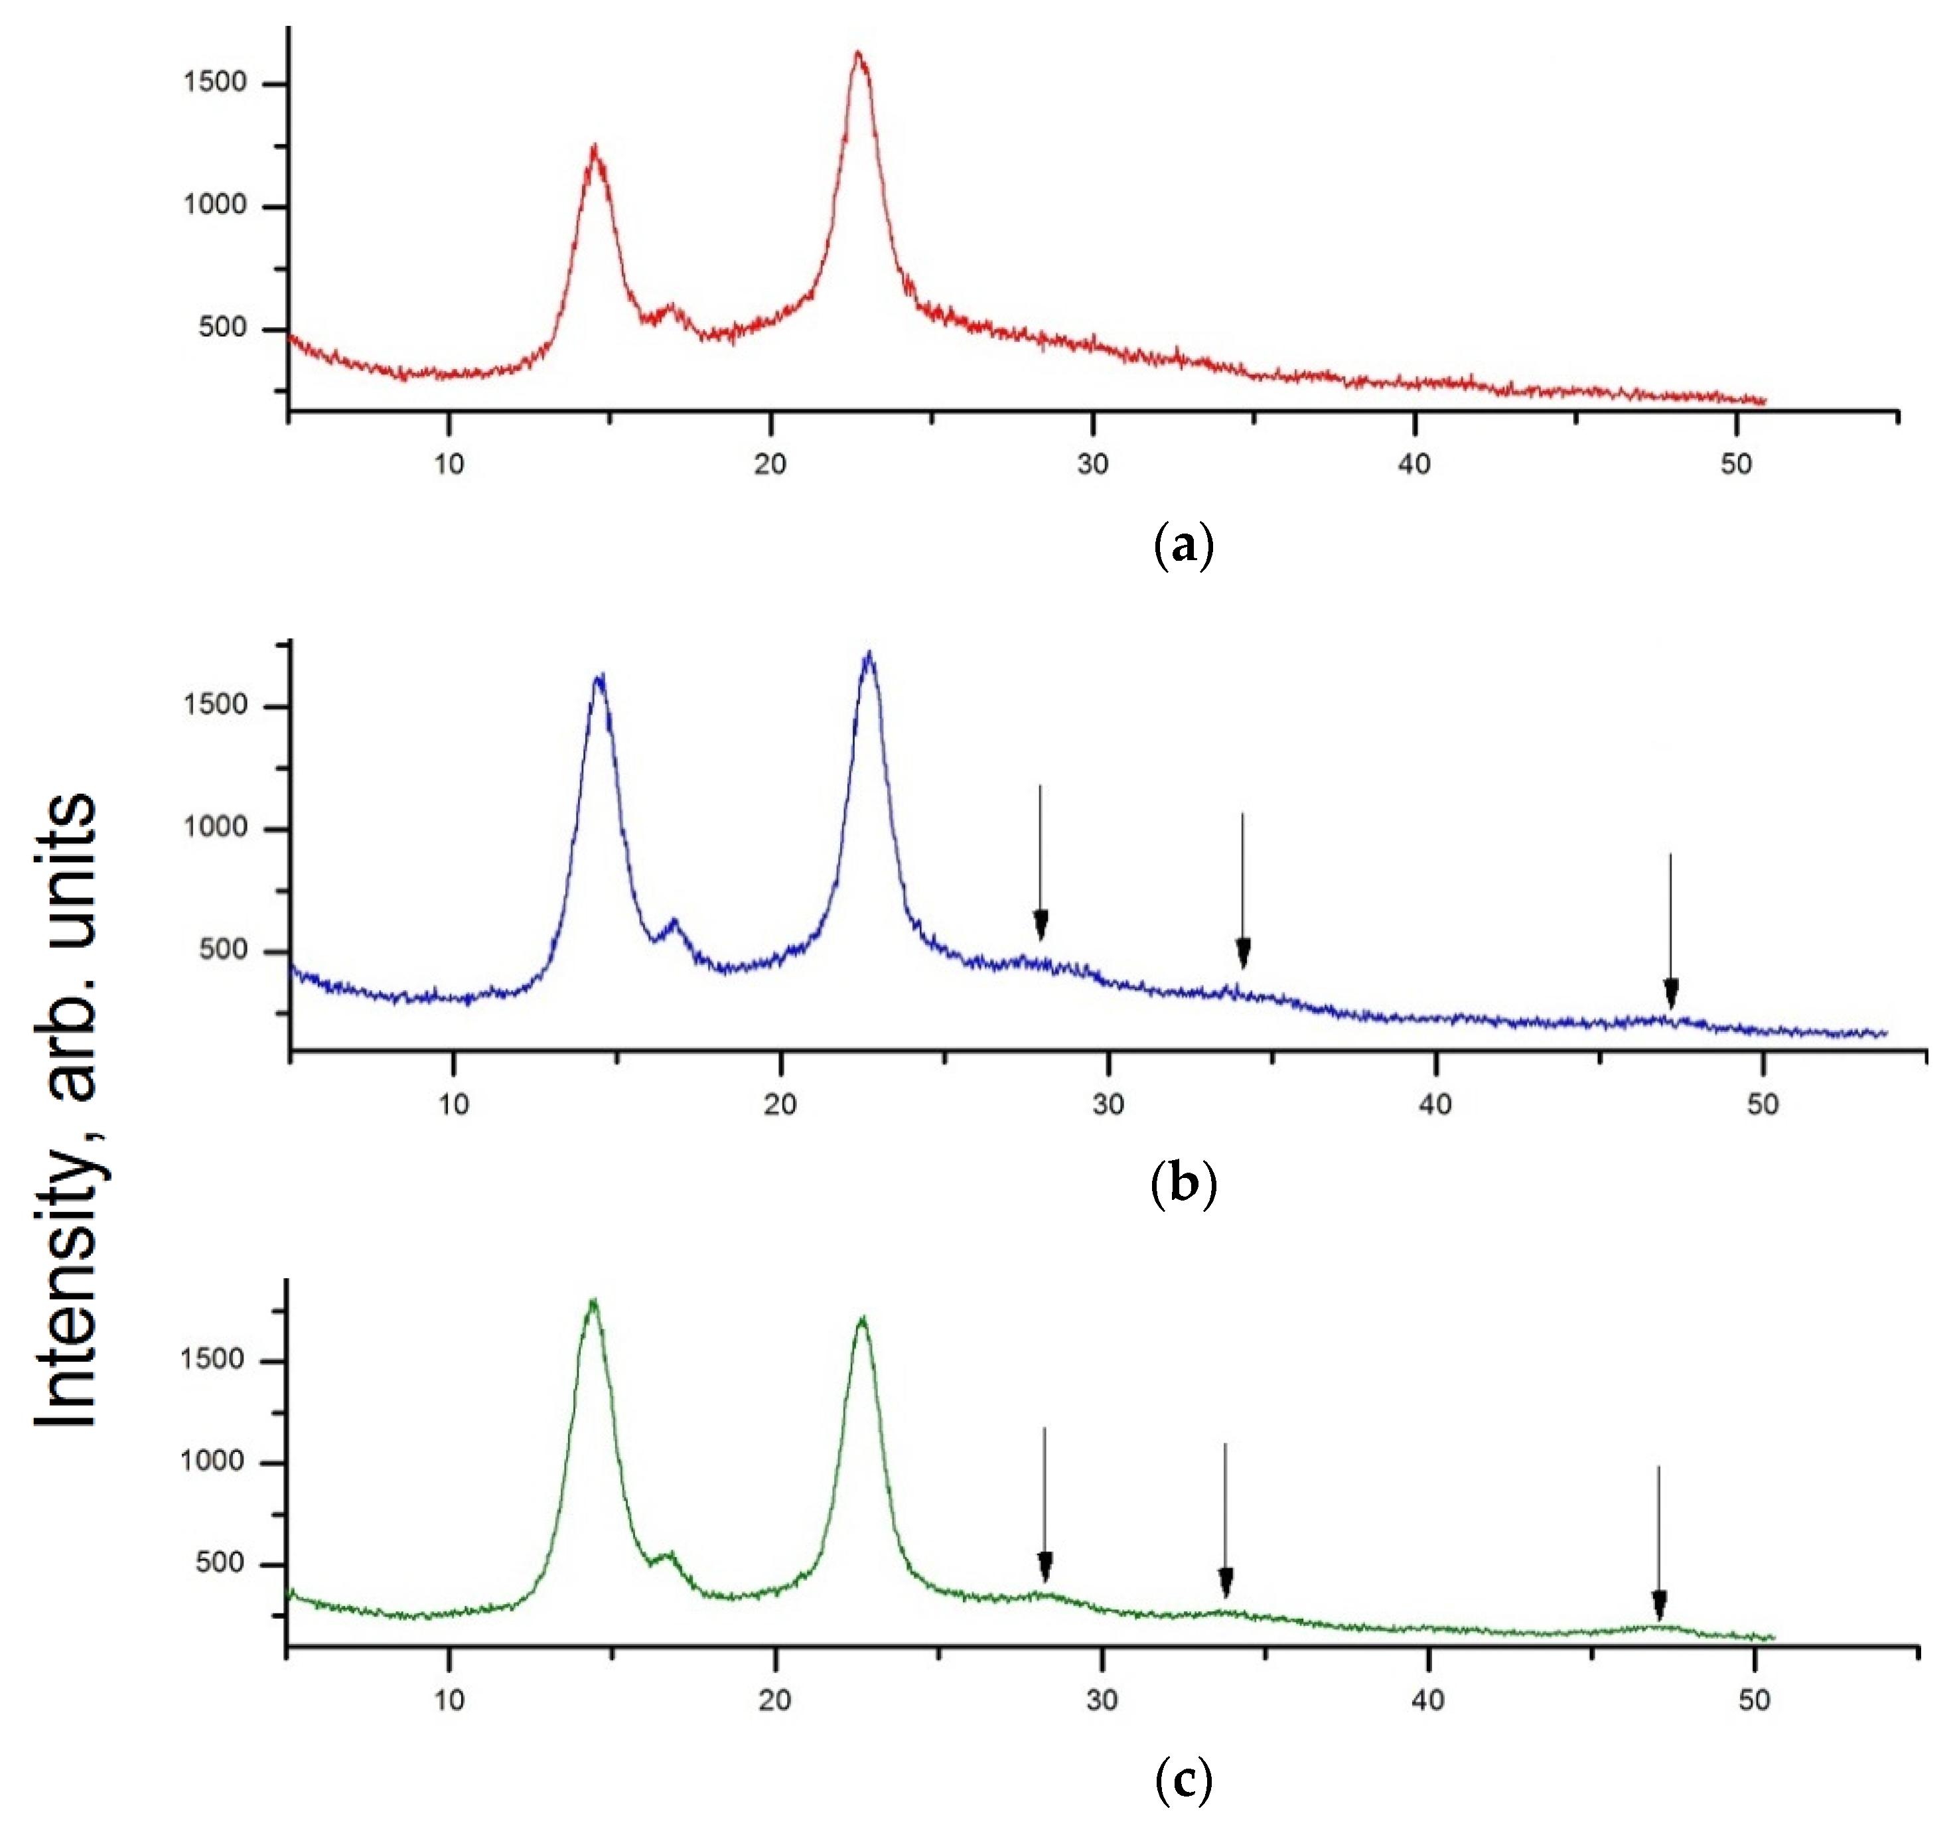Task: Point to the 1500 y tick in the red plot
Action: click(214, 82)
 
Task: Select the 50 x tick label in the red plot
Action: click(1737, 463)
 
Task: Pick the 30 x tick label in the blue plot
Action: click(1108, 1104)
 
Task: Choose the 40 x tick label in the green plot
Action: click(1428, 1698)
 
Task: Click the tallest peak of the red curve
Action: click(859, 55)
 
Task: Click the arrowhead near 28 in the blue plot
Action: click(1041, 926)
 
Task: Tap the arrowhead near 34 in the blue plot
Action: click(1243, 953)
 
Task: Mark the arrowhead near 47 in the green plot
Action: click(1659, 1605)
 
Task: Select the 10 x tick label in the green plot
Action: click(449, 1698)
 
